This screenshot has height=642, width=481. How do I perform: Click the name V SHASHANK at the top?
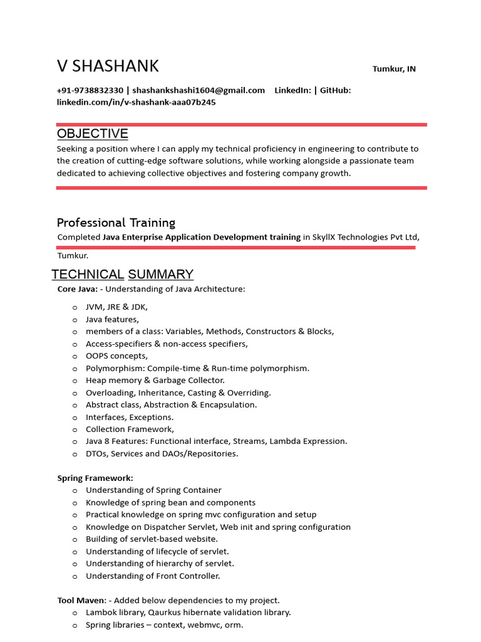[108, 66]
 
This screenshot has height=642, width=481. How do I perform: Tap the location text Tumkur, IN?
[394, 69]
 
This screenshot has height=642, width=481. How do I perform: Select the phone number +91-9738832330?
[90, 90]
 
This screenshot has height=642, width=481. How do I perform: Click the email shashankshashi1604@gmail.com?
[199, 90]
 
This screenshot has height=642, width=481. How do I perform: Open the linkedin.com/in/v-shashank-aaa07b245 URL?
[136, 102]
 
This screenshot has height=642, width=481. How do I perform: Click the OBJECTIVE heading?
[92, 134]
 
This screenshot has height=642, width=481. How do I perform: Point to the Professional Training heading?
[116, 223]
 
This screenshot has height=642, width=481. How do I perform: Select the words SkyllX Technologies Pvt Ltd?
[365, 237]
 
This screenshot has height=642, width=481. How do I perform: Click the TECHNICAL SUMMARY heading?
[122, 274]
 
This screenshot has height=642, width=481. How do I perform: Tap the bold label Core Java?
[77, 289]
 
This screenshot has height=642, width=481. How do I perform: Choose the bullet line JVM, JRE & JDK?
[116, 307]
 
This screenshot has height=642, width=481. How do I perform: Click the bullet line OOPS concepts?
[116, 356]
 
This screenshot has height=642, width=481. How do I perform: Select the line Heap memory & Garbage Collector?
[155, 381]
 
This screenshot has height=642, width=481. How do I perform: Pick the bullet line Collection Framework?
[130, 429]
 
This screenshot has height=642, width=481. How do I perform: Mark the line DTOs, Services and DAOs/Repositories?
[162, 454]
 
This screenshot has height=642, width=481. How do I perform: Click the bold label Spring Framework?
[95, 478]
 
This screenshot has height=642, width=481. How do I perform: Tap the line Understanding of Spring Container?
[153, 490]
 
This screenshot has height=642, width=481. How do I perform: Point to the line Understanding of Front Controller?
[153, 576]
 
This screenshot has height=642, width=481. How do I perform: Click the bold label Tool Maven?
[81, 601]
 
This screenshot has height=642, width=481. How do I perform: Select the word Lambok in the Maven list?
[100, 613]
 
